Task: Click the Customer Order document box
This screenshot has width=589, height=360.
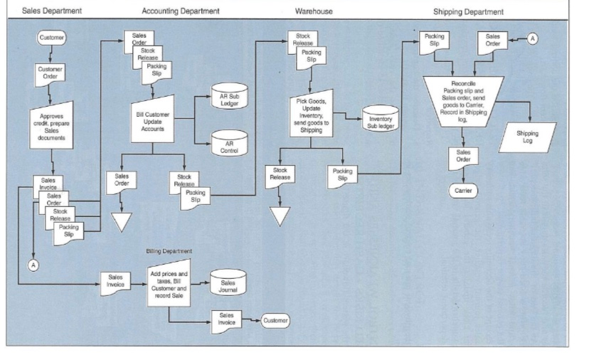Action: tap(48, 74)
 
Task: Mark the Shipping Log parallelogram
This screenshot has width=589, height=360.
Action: tap(527, 137)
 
